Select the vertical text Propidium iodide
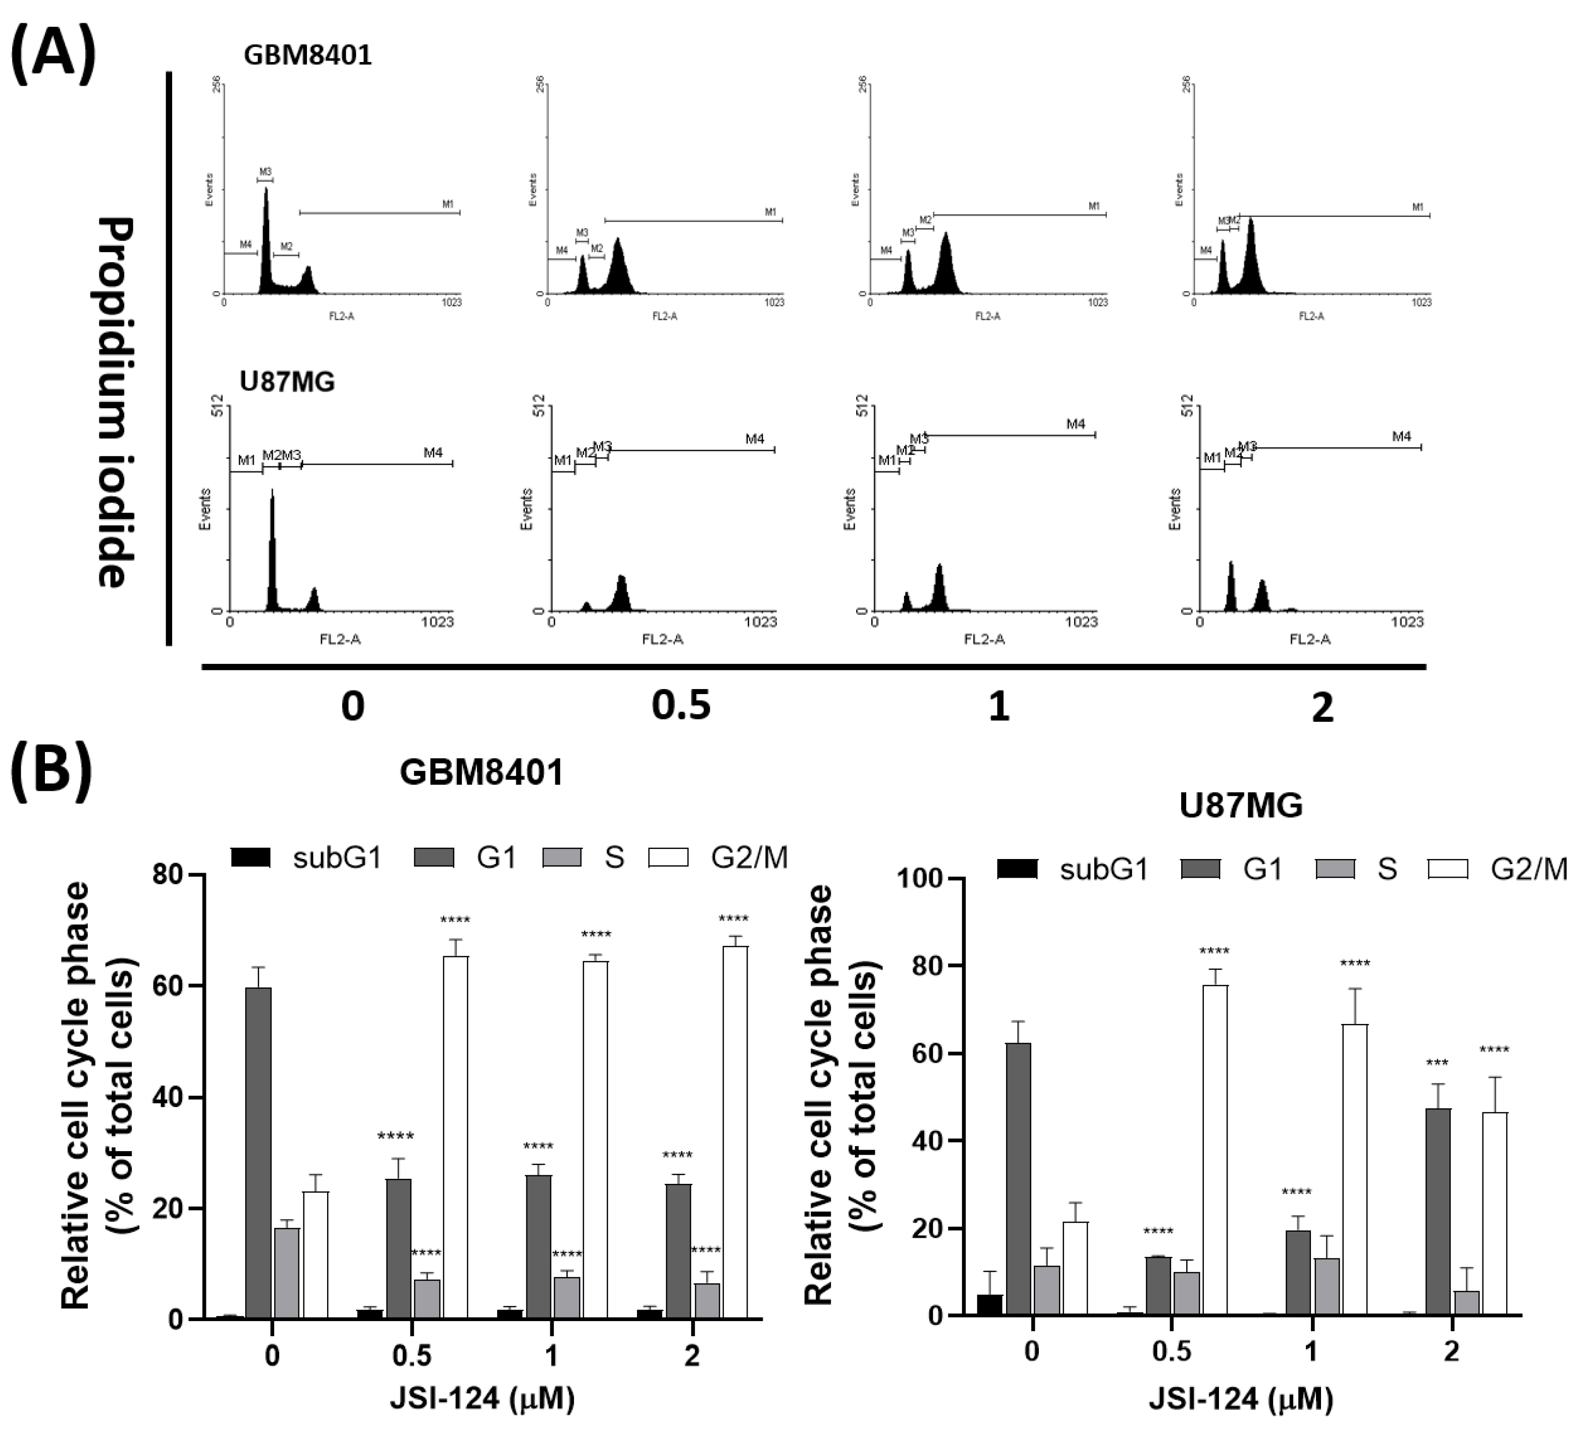[x=116, y=402]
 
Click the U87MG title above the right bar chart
[x=1241, y=805]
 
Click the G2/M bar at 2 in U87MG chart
[x=1494, y=1213]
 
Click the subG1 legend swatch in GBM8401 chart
[x=250, y=858]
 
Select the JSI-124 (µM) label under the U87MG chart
[x=1241, y=1399]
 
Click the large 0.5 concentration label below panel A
[x=680, y=706]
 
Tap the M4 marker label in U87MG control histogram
[x=433, y=453]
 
